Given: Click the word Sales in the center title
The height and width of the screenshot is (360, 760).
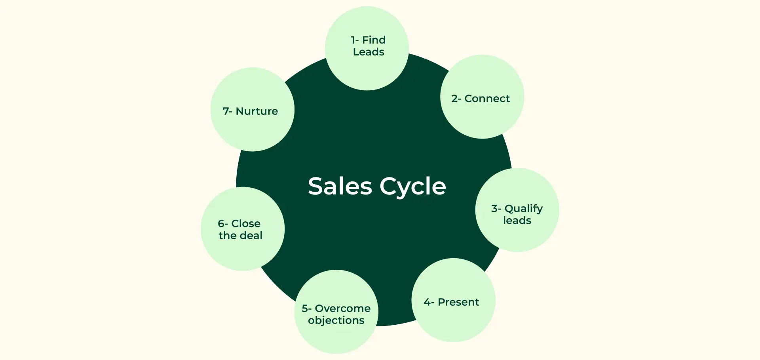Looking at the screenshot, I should click(x=340, y=186).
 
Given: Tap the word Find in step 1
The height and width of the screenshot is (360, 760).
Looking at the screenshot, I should click(x=374, y=40).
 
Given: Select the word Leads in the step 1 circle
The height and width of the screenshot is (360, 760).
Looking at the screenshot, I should click(x=369, y=52).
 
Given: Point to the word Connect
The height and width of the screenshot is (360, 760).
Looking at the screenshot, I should click(x=487, y=99).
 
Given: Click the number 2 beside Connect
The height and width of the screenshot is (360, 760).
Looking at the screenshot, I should click(x=454, y=99).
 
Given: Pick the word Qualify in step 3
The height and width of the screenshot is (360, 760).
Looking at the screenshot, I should click(x=523, y=209).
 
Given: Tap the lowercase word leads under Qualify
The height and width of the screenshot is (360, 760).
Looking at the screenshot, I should click(x=517, y=221).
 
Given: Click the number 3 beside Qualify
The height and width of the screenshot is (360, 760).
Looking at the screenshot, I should click(x=494, y=209).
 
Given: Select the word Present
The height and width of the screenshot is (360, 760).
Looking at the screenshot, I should click(x=458, y=302).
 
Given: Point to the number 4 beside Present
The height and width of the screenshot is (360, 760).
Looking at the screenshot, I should click(x=427, y=302).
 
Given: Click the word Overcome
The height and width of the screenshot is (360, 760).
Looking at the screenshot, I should click(x=343, y=309).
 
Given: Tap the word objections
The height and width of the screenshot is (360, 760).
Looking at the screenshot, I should click(x=336, y=320).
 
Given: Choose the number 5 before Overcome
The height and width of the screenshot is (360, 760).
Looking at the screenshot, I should click(x=305, y=309).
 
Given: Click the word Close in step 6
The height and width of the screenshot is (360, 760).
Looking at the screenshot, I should click(x=246, y=224).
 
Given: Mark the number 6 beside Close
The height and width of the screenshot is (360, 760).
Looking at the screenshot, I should click(x=221, y=224).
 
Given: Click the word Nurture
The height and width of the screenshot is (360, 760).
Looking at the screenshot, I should click(x=256, y=111).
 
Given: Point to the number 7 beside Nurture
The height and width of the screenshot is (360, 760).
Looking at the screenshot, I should click(x=226, y=111).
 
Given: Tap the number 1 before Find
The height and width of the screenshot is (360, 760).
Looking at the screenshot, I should click(x=353, y=40).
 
